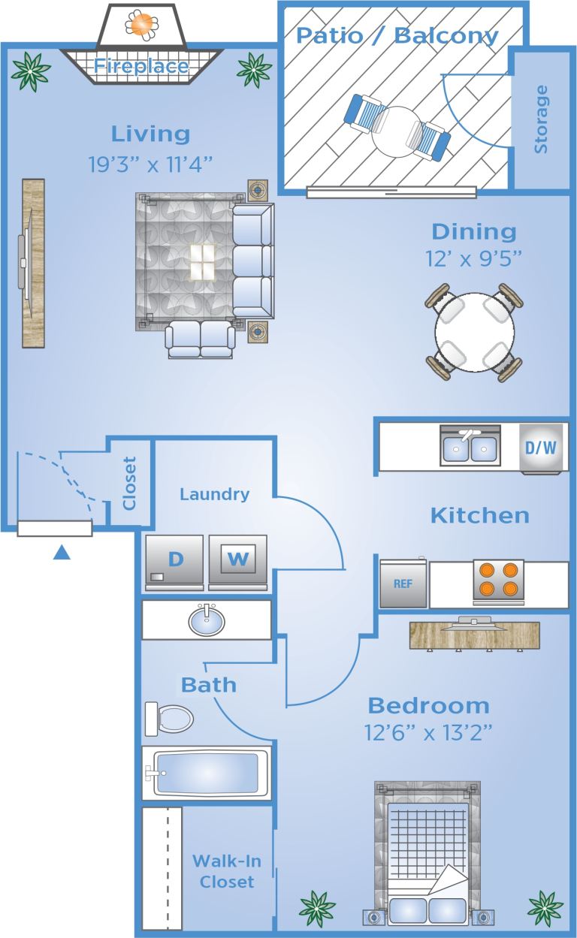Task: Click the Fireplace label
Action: pyautogui.click(x=141, y=66)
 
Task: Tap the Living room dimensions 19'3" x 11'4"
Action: pyautogui.click(x=151, y=164)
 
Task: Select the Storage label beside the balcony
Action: pyautogui.click(x=541, y=119)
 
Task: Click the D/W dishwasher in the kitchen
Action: pyautogui.click(x=540, y=448)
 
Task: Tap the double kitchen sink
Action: pyautogui.click(x=470, y=447)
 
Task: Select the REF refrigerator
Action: pyautogui.click(x=403, y=583)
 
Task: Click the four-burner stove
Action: pyautogui.click(x=498, y=580)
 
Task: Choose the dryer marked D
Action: pyautogui.click(x=174, y=559)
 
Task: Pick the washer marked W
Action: pyautogui.click(x=237, y=559)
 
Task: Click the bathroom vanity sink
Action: pyautogui.click(x=207, y=620)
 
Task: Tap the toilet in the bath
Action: pyautogui.click(x=170, y=718)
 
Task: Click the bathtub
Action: pyautogui.click(x=207, y=773)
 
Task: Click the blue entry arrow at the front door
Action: pyautogui.click(x=62, y=553)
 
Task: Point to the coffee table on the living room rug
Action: pyautogui.click(x=203, y=262)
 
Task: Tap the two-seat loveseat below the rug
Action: pyautogui.click(x=200, y=339)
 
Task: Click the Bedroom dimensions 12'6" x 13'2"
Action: pyautogui.click(x=428, y=732)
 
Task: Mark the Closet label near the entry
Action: pyautogui.click(x=129, y=483)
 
